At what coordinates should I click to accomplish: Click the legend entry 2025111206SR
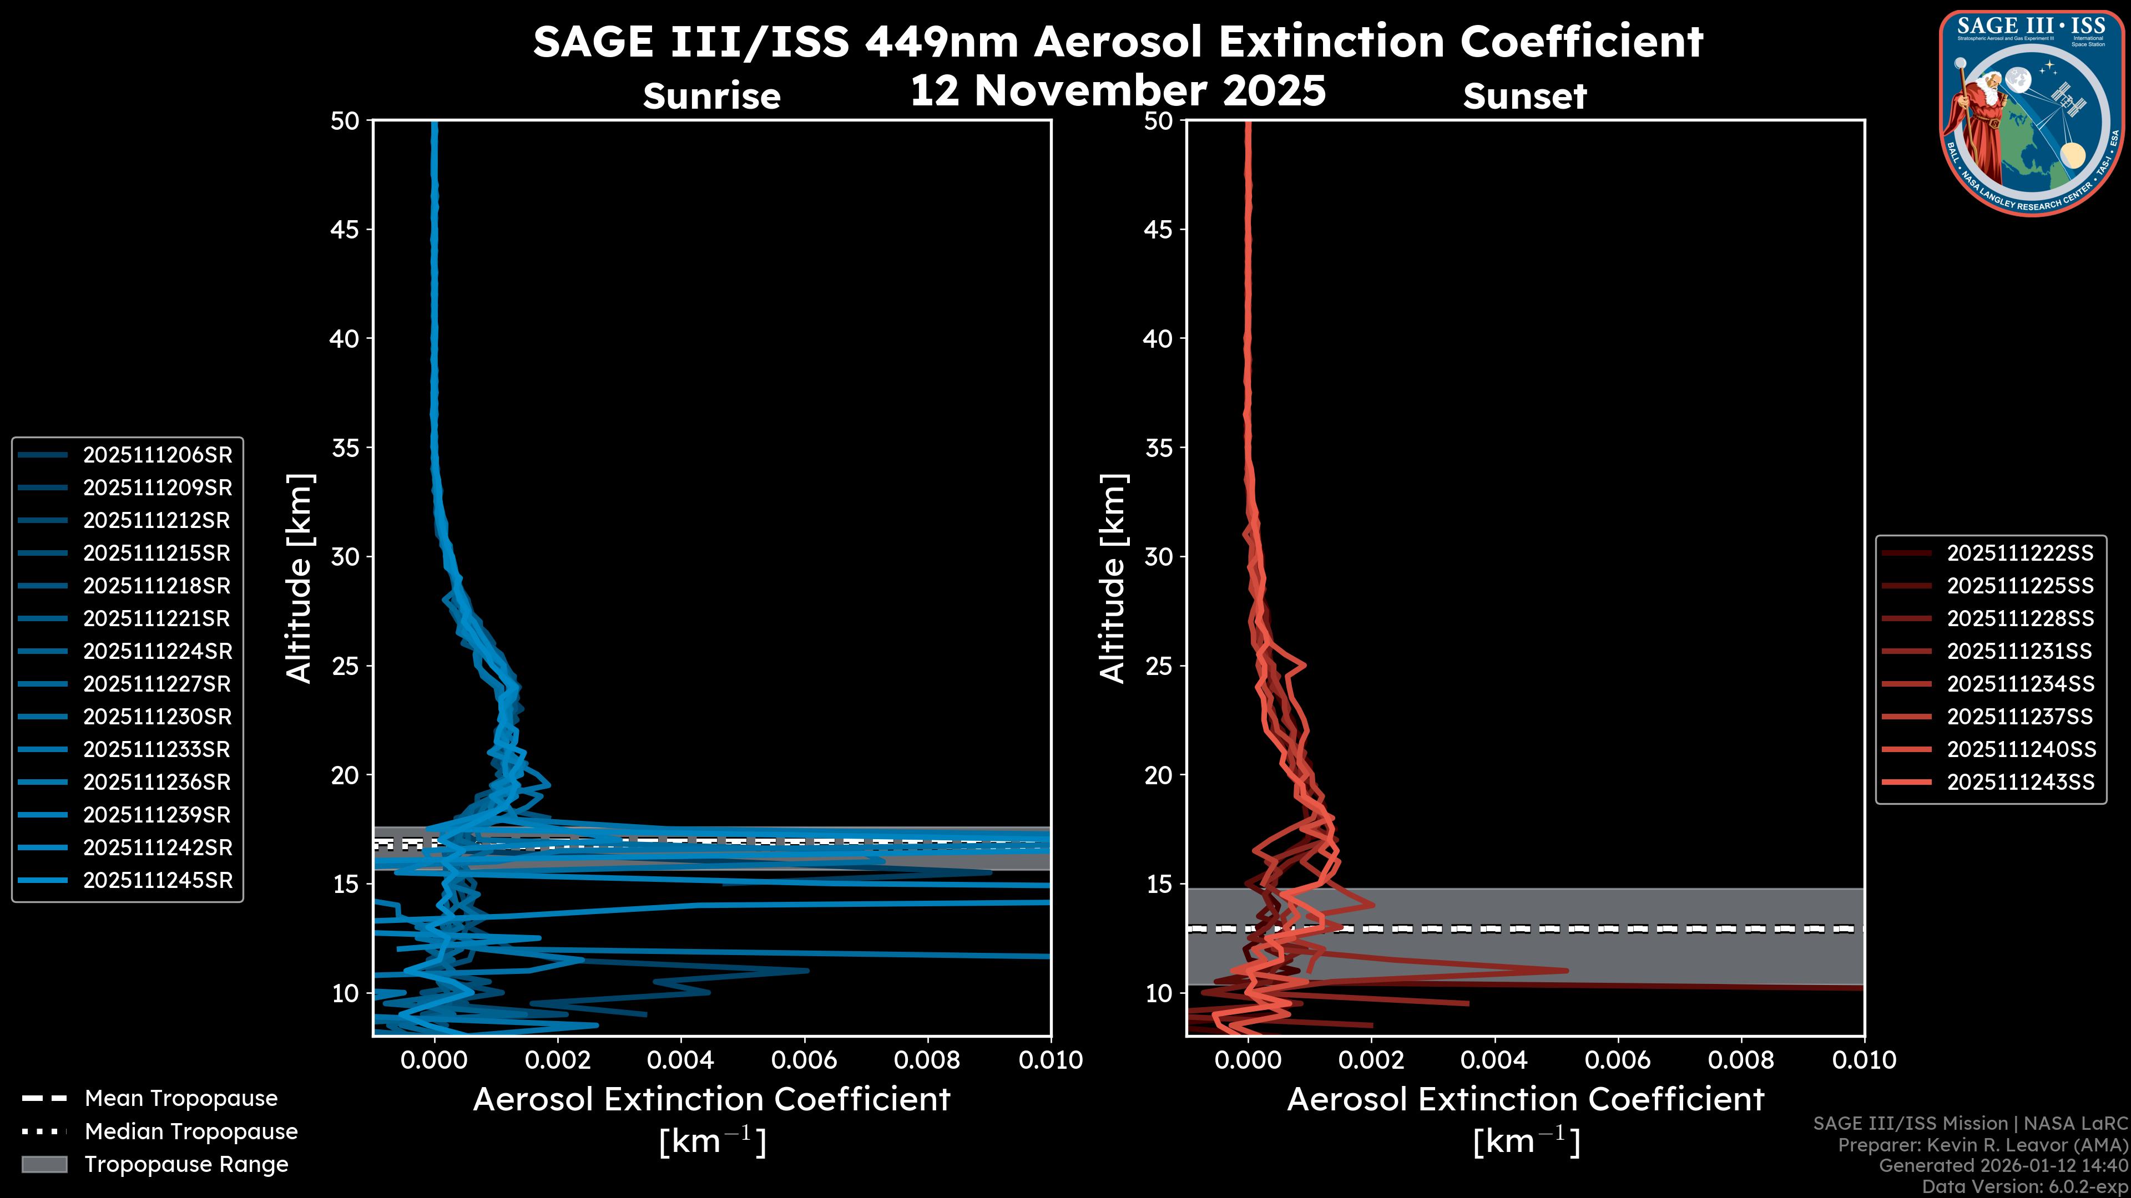coord(157,455)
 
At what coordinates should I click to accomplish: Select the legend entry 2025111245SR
coord(157,881)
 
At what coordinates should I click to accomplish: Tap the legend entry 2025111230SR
coord(157,717)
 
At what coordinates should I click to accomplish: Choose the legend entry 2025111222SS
coord(2020,553)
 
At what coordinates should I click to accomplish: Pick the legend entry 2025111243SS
coord(2020,782)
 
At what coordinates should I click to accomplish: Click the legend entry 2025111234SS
coord(2020,684)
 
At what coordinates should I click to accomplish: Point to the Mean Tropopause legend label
coord(181,1098)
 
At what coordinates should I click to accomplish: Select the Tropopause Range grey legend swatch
coord(44,1164)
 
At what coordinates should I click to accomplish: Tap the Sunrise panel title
coord(711,97)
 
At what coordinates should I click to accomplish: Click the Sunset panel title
coord(1524,97)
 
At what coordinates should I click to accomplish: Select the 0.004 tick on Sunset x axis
coord(1494,1060)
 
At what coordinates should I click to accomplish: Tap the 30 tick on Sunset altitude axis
coord(1159,556)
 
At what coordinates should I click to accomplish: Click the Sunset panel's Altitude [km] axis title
coord(1113,578)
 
